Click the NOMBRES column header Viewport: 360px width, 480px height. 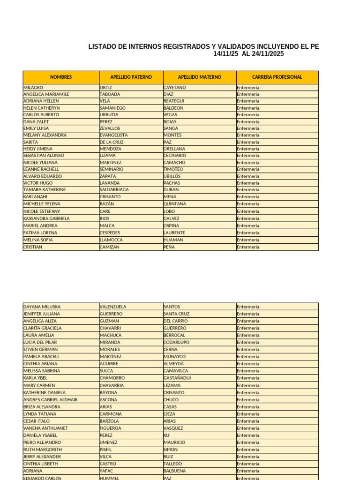[x=61, y=77]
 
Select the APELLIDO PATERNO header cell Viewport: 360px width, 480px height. [x=131, y=77]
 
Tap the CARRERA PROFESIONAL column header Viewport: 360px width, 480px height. [x=277, y=77]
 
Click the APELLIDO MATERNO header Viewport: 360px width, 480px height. [x=200, y=77]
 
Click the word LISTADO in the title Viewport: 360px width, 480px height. [x=103, y=47]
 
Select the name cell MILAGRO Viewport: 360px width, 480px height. [x=33, y=88]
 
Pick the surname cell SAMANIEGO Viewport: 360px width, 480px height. [x=112, y=108]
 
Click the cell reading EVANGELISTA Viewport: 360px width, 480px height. [x=114, y=135]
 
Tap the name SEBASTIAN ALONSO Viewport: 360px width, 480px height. [x=44, y=156]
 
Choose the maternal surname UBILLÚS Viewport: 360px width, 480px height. [x=172, y=176]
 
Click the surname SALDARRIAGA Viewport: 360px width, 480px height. [x=114, y=190]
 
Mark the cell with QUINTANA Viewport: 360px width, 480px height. [x=175, y=204]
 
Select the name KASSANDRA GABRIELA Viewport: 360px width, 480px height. [x=46, y=218]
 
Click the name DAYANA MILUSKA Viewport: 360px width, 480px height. [x=42, y=307]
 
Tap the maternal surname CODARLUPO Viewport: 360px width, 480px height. [x=177, y=343]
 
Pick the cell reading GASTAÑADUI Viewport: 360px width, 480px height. [x=177, y=378]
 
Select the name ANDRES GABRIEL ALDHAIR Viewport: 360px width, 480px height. [x=51, y=400]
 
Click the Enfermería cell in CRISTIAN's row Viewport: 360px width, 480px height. [x=248, y=247]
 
